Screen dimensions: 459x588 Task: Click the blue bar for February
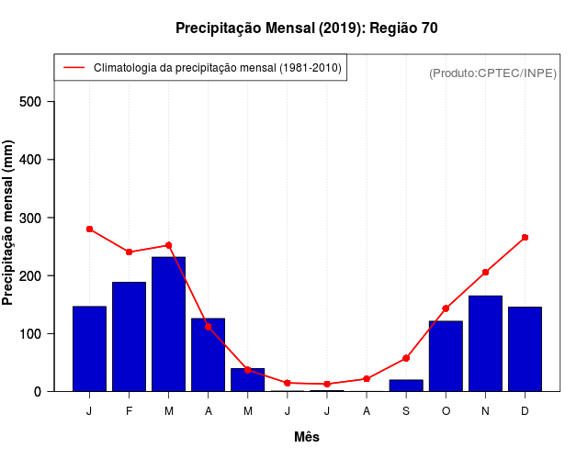tap(129, 336)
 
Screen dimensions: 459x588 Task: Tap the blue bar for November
tap(485, 343)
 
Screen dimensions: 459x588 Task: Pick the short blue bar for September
tap(406, 386)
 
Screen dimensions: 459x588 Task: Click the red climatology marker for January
tap(89, 229)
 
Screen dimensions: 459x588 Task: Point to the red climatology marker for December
tap(525, 237)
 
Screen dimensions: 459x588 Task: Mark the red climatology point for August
tap(367, 378)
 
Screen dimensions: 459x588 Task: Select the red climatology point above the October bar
tap(446, 308)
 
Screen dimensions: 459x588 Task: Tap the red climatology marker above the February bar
tap(129, 252)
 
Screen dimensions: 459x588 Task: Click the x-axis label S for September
tap(406, 411)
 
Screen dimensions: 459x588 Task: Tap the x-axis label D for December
tap(525, 411)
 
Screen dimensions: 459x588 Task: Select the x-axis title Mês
tap(307, 437)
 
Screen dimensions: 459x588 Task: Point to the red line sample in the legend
tap(73, 68)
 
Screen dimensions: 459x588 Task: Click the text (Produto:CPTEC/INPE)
tap(492, 73)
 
